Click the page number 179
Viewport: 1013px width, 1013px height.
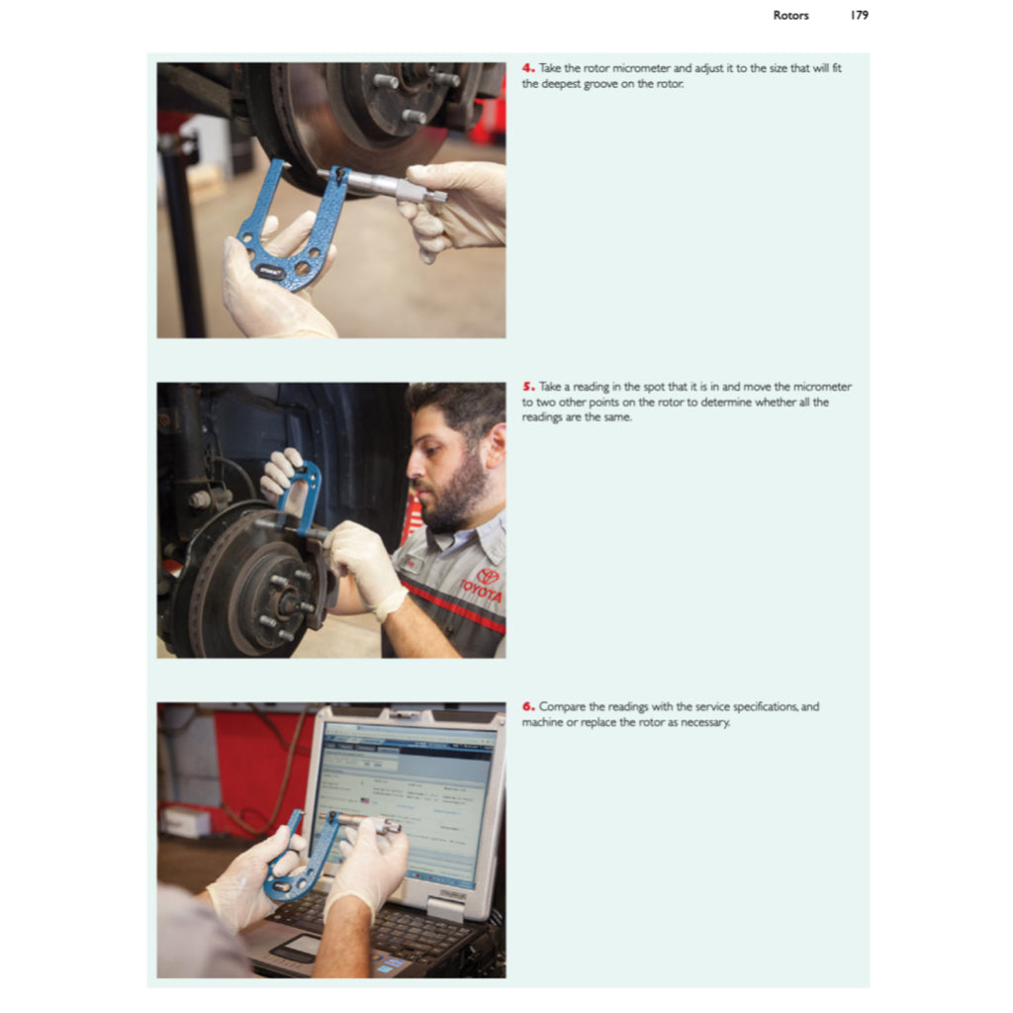click(x=858, y=15)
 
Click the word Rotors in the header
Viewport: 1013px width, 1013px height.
click(x=791, y=15)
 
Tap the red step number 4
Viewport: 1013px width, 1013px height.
click(x=528, y=68)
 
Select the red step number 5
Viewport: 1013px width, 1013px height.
click(x=528, y=387)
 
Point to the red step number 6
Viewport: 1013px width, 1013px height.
click(x=528, y=706)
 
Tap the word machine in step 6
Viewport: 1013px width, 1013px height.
click(x=544, y=722)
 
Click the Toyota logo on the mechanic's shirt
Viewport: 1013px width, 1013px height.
click(x=486, y=577)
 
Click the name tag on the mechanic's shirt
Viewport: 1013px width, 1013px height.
click(x=414, y=564)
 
